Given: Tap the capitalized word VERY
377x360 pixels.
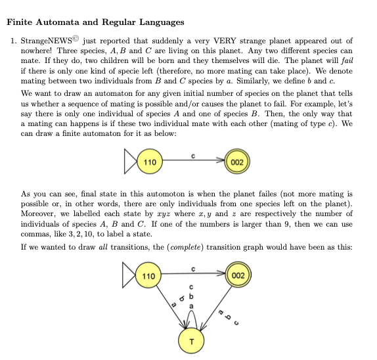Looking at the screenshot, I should point(229,41).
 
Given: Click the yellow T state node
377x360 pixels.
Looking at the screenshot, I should point(189,340).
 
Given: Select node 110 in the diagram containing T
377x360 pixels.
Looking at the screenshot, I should point(149,276).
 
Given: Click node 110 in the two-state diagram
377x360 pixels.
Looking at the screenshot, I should point(149,161).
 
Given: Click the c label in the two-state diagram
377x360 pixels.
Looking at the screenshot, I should point(192,155).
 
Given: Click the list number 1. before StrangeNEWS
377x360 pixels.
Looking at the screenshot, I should point(13,41).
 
